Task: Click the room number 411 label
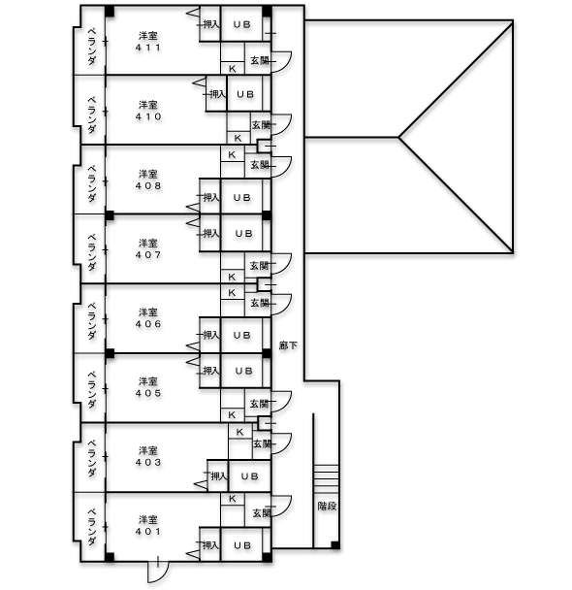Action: (148, 48)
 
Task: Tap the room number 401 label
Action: (148, 532)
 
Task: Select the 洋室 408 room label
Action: (148, 180)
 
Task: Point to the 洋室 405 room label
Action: (148, 387)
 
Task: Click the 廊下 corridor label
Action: (288, 345)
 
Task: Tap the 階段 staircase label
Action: (327, 507)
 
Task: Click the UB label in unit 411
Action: (241, 25)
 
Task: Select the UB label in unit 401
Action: (241, 545)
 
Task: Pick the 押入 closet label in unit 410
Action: (217, 94)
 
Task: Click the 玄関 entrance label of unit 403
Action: (262, 444)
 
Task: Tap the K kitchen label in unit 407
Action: (232, 277)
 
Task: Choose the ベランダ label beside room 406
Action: (92, 320)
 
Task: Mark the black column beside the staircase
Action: (335, 544)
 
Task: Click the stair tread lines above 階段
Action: (326, 478)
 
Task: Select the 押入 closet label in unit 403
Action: (219, 476)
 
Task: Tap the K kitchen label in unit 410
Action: (238, 138)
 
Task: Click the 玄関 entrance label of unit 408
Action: (260, 164)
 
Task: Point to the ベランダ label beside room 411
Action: (92, 46)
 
